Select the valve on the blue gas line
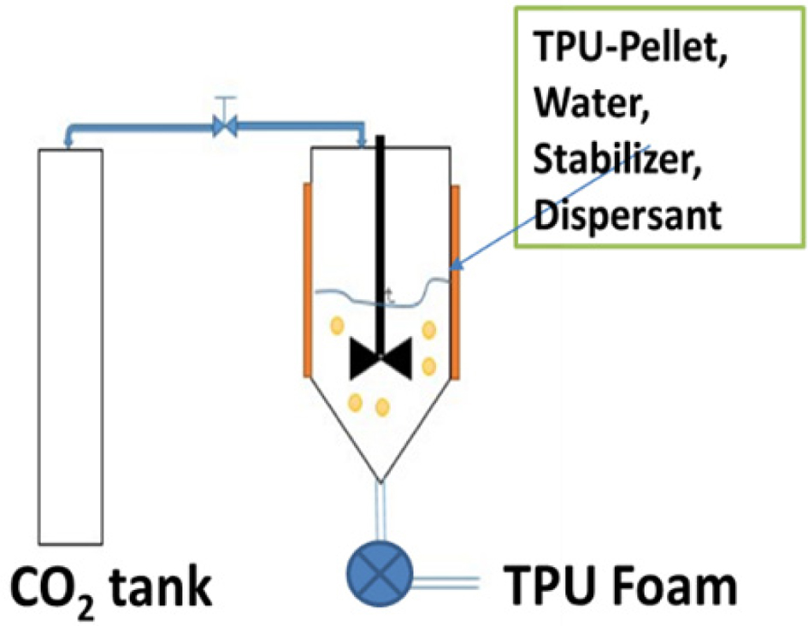pyautogui.click(x=225, y=127)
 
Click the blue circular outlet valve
pyautogui.click(x=380, y=570)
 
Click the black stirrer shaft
pyautogui.click(x=380, y=239)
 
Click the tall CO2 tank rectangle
pyautogui.click(x=71, y=342)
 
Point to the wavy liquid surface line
pyautogui.click(x=351, y=296)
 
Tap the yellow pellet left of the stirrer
pyautogui.click(x=338, y=325)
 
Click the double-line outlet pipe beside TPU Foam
pyautogui.click(x=445, y=583)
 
